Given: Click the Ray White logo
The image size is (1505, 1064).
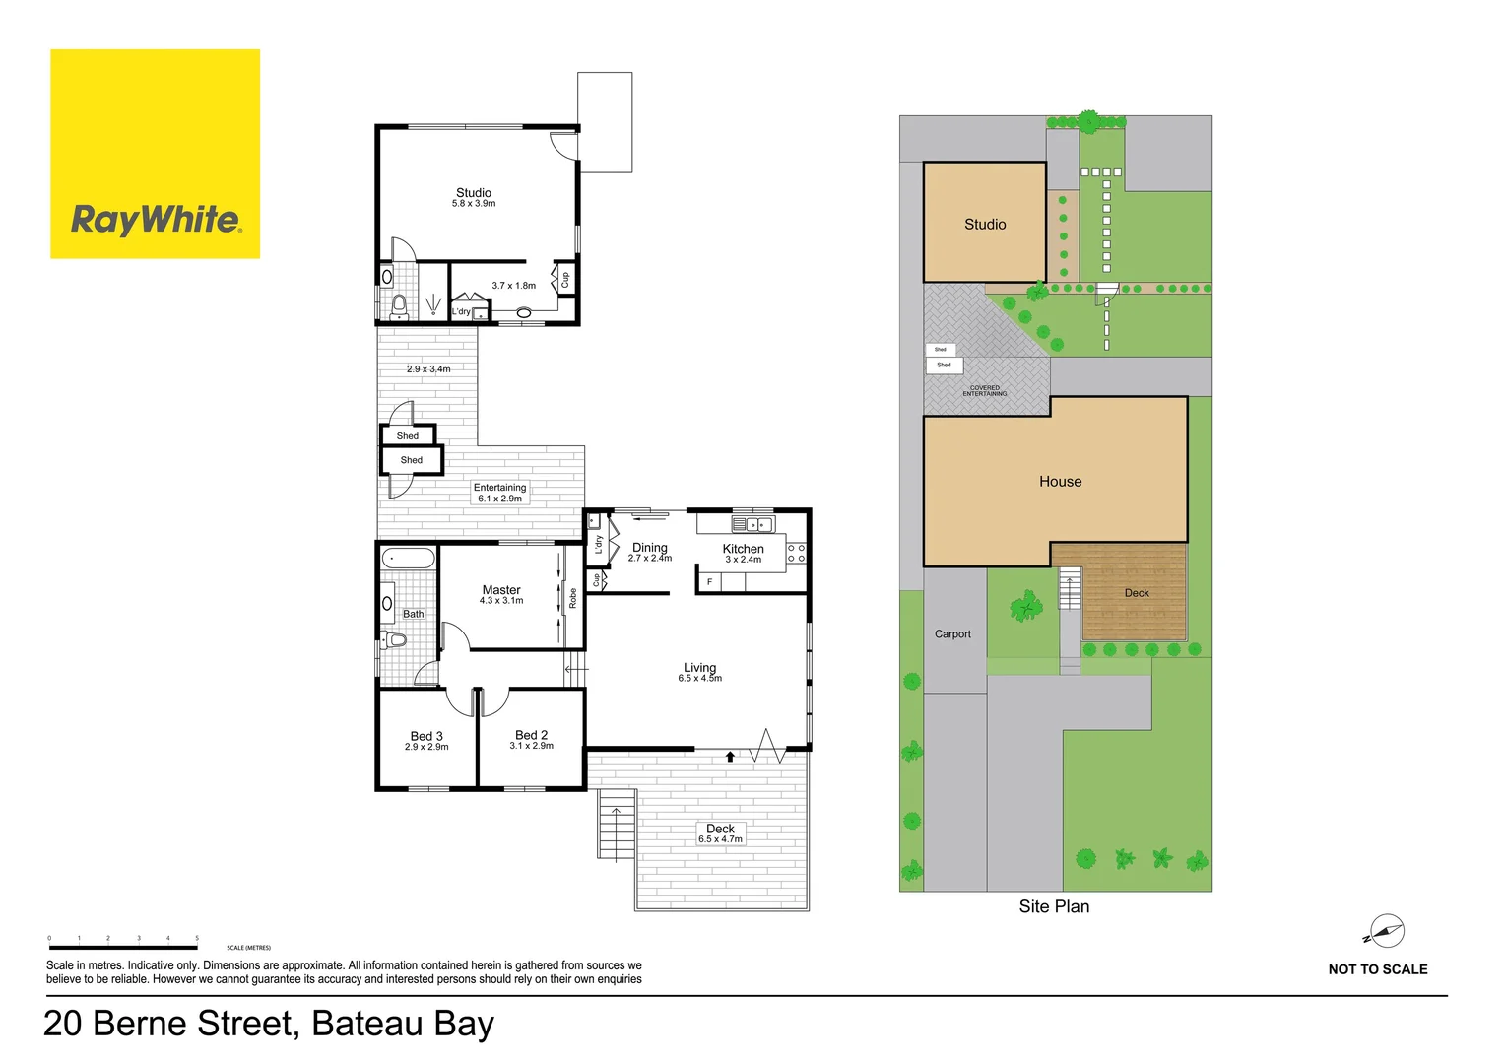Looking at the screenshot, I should pyautogui.click(x=155, y=155).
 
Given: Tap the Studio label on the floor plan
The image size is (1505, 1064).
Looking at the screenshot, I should pyautogui.click(x=474, y=193).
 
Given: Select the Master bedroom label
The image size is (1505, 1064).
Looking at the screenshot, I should pyautogui.click(x=501, y=590).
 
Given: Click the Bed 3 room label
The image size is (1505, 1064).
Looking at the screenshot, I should pyautogui.click(x=426, y=736).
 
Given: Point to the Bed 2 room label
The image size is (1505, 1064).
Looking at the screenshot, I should pyautogui.click(x=531, y=735).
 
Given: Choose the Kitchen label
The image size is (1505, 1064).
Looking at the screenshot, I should pyautogui.click(x=743, y=549).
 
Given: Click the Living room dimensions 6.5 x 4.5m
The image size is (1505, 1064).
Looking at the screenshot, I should pyautogui.click(x=699, y=679).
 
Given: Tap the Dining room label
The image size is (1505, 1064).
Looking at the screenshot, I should pyautogui.click(x=649, y=548).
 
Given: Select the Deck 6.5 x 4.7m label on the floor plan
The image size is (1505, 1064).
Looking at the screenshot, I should pyautogui.click(x=720, y=833).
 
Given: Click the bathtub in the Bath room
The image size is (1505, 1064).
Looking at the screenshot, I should pyautogui.click(x=409, y=559).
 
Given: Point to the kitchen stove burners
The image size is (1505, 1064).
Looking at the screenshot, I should pyautogui.click(x=796, y=554).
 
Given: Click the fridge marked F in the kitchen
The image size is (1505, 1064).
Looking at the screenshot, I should pyautogui.click(x=708, y=582).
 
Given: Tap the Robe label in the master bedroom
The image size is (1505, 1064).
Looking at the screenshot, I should pyautogui.click(x=572, y=598).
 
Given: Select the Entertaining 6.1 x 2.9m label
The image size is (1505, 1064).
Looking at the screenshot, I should pyautogui.click(x=499, y=493).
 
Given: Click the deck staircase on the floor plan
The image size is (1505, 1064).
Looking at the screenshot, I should pyautogui.click(x=617, y=825).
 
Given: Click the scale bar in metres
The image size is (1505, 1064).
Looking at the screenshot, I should pyautogui.click(x=123, y=947).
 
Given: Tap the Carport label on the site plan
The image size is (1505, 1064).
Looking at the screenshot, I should pyautogui.click(x=952, y=634).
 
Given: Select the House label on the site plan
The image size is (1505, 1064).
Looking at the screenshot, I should pyautogui.click(x=1060, y=482).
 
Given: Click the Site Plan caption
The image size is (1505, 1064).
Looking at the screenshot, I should pyautogui.click(x=1054, y=906).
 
